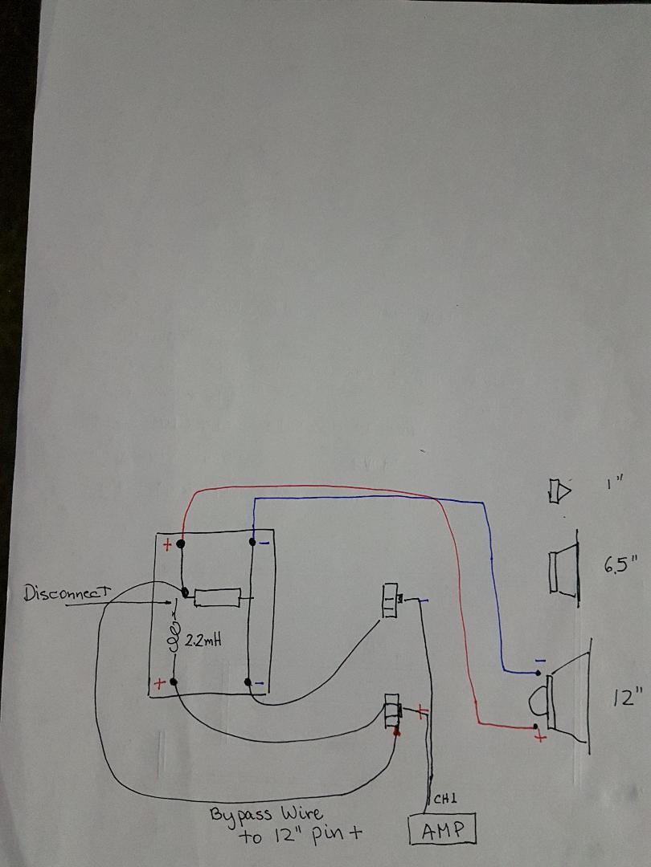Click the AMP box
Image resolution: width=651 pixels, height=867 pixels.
click(442, 829)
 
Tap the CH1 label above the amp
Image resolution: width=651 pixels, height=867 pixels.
click(444, 800)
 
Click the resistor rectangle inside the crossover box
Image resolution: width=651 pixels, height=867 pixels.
click(218, 597)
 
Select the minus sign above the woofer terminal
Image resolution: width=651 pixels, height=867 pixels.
click(540, 660)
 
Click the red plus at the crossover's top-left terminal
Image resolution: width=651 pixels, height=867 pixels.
click(168, 546)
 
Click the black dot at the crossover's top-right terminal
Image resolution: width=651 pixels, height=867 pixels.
click(252, 543)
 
